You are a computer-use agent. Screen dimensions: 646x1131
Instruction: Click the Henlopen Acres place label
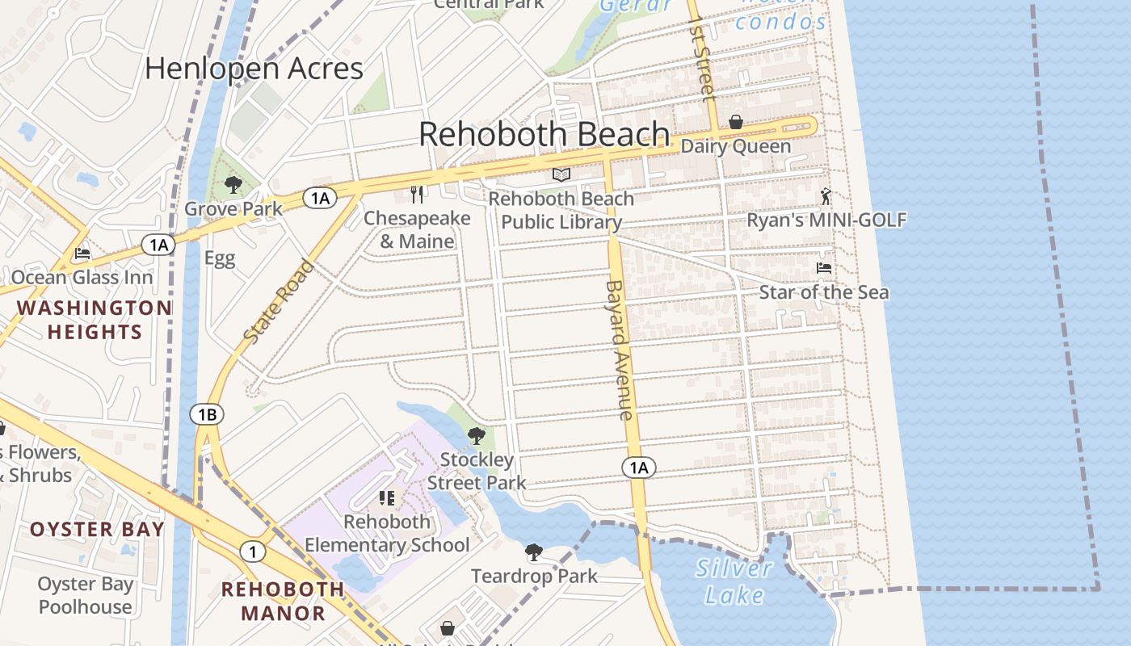(254, 69)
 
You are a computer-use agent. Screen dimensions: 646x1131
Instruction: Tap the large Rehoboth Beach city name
(544, 134)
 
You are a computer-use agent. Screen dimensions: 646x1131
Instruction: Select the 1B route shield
(207, 415)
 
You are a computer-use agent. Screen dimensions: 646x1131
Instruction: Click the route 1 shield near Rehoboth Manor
(253, 552)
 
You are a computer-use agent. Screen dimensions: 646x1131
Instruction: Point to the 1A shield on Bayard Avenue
(638, 468)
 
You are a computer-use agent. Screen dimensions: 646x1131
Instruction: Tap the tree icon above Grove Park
(233, 185)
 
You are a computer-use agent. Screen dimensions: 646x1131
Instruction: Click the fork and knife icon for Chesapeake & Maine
(417, 194)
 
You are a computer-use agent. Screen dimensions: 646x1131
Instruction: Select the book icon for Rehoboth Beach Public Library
(561, 174)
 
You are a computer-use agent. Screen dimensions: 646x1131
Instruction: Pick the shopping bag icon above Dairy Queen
(736, 122)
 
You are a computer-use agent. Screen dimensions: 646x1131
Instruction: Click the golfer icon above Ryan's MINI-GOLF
(826, 196)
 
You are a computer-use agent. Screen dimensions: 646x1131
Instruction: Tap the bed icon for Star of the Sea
(824, 268)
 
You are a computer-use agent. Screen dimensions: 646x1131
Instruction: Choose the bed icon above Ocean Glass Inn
(82, 254)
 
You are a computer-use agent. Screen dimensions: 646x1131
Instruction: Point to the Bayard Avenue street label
(619, 350)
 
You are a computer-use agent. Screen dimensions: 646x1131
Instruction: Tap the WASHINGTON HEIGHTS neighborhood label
(94, 320)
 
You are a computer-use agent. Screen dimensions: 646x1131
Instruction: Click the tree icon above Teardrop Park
(533, 552)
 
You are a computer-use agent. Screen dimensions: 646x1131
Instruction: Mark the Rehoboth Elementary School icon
(387, 497)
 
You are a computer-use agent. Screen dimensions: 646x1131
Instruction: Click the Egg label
(219, 258)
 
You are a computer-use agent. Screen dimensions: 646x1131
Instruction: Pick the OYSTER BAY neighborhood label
(97, 530)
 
